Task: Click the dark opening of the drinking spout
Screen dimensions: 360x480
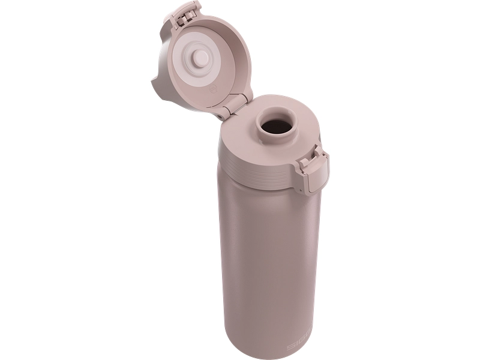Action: pyautogui.click(x=275, y=127)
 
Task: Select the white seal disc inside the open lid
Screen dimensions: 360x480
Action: pyautogui.click(x=184, y=70)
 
